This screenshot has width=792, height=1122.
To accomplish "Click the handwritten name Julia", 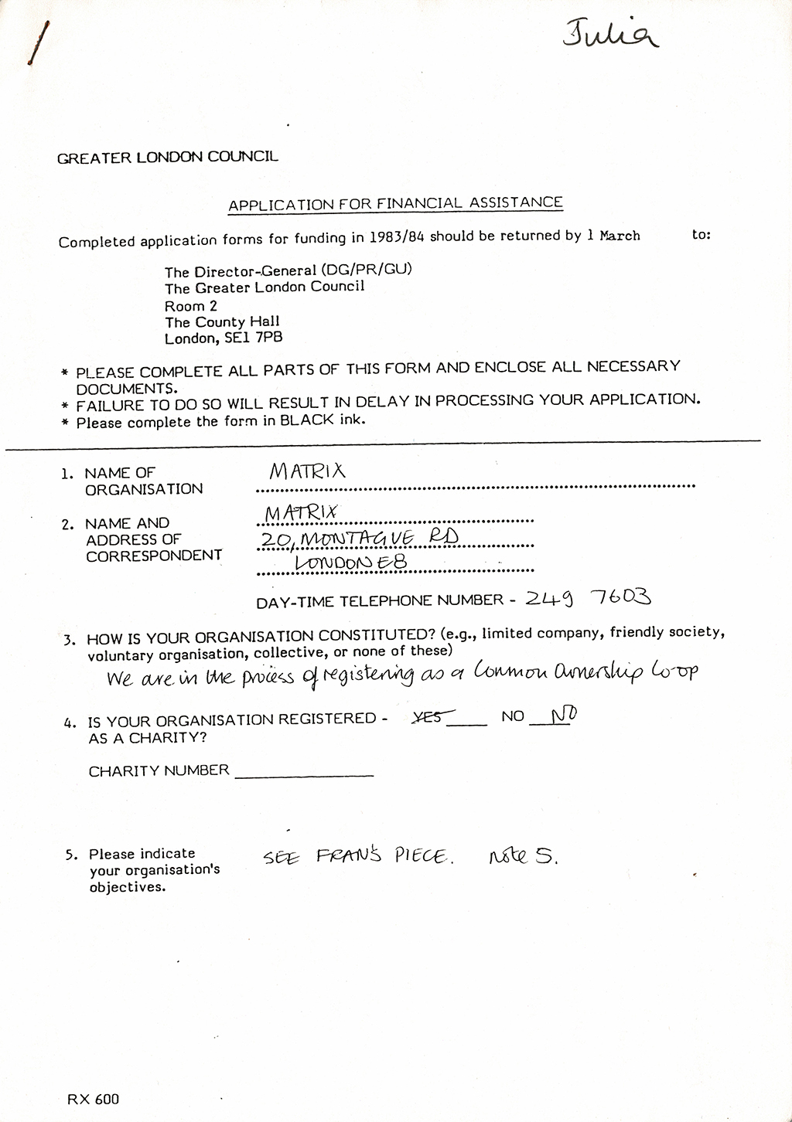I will click(611, 35).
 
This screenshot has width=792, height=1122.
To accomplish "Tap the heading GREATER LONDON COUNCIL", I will click(168, 158).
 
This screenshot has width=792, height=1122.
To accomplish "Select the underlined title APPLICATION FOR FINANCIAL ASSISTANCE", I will click(395, 204).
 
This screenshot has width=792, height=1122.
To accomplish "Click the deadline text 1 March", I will click(613, 236).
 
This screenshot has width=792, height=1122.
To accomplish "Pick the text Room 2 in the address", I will click(191, 305).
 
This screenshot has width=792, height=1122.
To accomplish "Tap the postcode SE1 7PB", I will click(252, 338).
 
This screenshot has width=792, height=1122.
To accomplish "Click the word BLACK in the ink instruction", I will click(307, 421).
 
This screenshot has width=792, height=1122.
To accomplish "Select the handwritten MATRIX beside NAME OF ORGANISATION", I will click(307, 471).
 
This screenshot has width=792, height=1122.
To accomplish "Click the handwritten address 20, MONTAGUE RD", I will click(360, 538).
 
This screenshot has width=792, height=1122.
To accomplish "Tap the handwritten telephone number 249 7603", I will click(588, 597).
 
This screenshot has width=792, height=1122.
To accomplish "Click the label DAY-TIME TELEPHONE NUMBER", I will click(380, 600).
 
